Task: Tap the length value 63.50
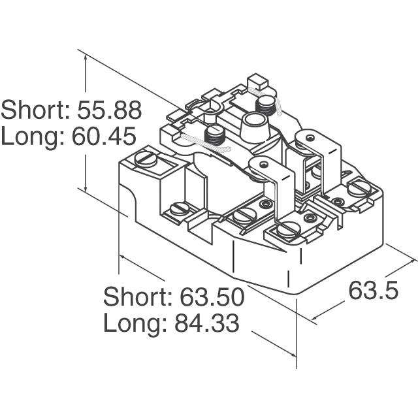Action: point(212,297)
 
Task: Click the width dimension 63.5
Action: point(373,290)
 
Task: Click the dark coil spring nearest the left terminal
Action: point(215,135)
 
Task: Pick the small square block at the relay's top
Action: point(257,83)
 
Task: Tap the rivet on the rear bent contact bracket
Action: point(310,138)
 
